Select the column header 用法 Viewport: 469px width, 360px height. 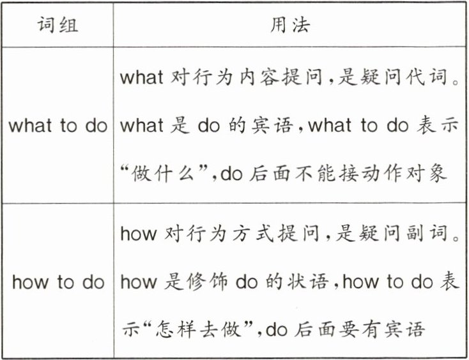pyautogui.click(x=290, y=27)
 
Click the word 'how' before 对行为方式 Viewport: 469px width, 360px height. pyautogui.click(x=138, y=234)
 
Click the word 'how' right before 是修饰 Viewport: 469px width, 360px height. pyautogui.click(x=138, y=282)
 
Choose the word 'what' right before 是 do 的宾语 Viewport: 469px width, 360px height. pyautogui.click(x=141, y=126)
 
